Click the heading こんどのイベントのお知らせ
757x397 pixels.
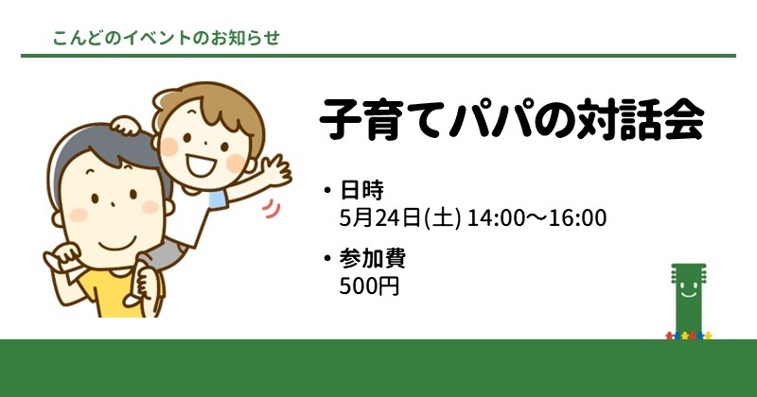coord(167,38)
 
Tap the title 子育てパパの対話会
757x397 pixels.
coord(512,120)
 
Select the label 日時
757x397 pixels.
coord(362,190)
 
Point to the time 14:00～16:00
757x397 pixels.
coord(537,217)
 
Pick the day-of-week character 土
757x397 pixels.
coord(442,218)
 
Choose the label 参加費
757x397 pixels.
coord(372,259)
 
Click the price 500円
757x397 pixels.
coord(369,286)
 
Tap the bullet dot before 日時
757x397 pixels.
coord(327,191)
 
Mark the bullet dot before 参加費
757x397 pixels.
coord(327,259)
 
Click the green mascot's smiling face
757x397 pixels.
coord(689,288)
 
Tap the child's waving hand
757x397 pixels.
coord(277,170)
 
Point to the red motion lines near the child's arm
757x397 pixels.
coord(272,209)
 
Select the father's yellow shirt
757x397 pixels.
coord(109,292)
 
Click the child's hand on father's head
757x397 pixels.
coord(125,126)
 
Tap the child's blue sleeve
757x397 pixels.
coord(218,198)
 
